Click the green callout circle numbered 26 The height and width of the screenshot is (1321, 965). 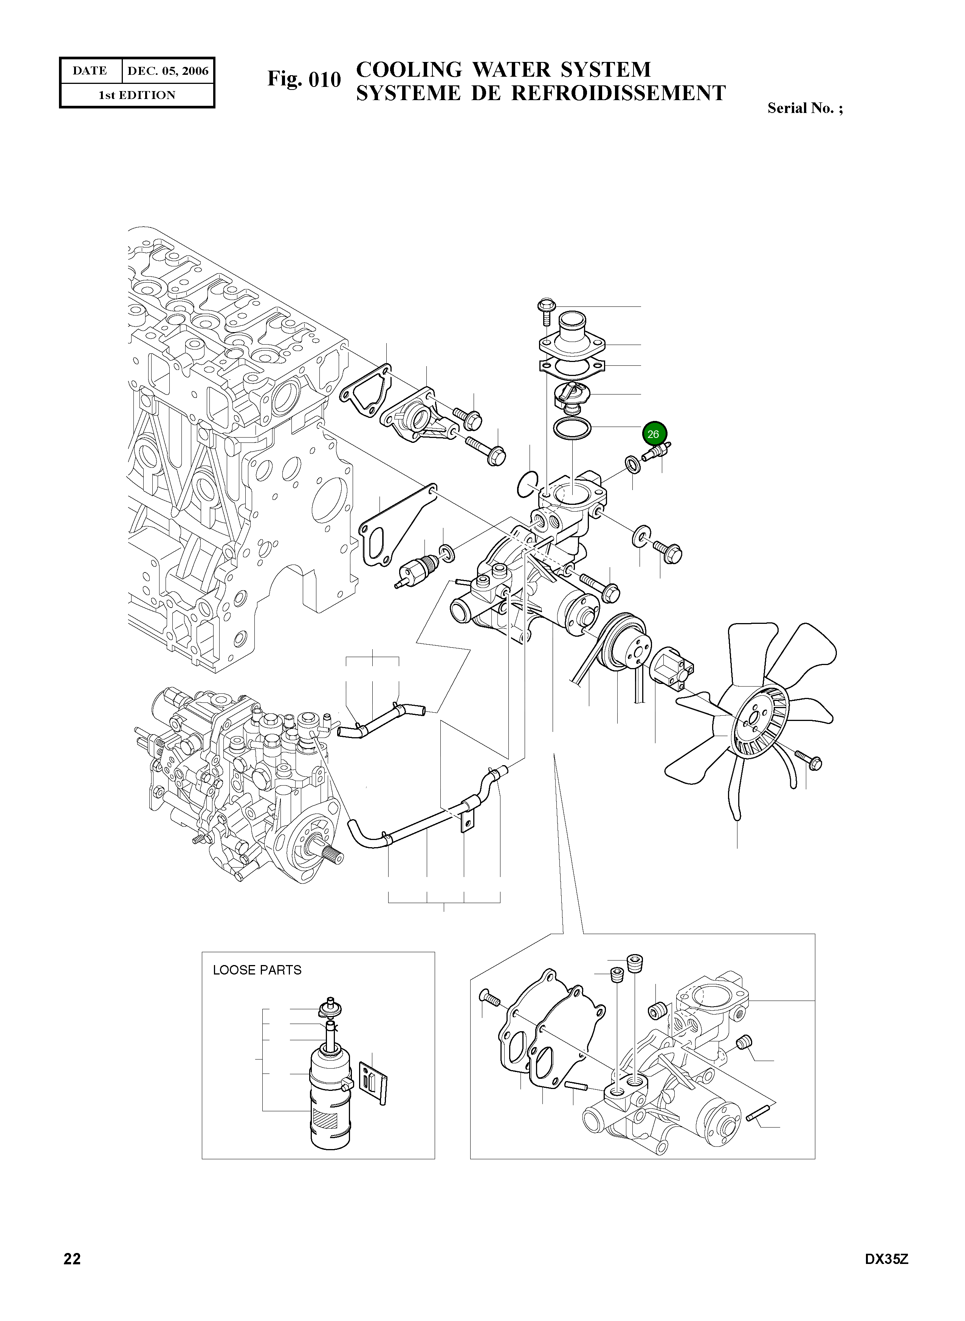pos(653,434)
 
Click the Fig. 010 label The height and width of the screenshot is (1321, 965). pos(304,79)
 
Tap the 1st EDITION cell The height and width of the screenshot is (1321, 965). pos(137,95)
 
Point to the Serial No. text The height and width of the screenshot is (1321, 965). pos(804,108)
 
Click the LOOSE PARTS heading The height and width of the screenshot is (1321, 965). pos(257,970)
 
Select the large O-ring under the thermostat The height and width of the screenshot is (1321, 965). pos(572,428)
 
